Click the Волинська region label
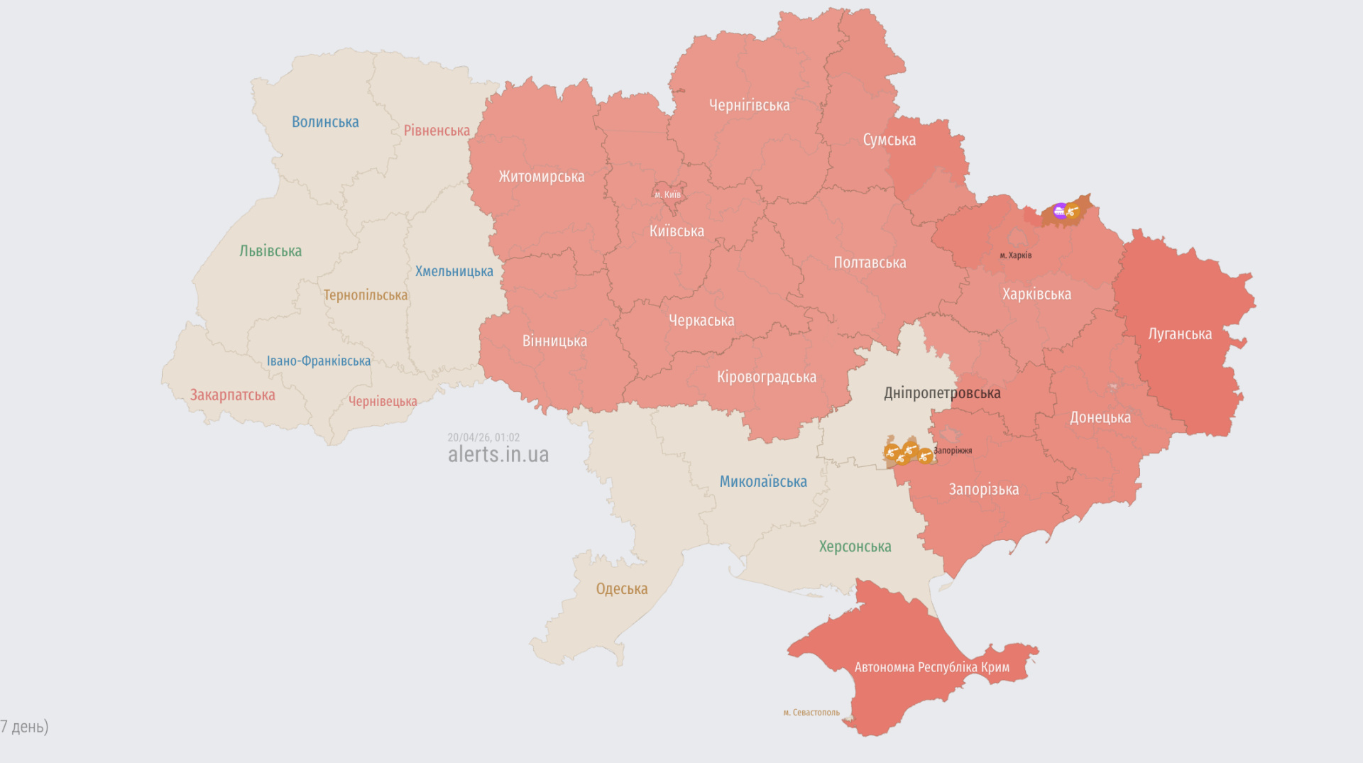pyautogui.click(x=325, y=122)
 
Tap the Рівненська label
pyautogui.click(x=437, y=131)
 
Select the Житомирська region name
pyautogui.click(x=541, y=177)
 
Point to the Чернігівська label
pyautogui.click(x=749, y=106)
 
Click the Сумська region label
pyautogui.click(x=889, y=141)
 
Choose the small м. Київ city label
pyautogui.click(x=667, y=195)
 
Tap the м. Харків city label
pyautogui.click(x=1015, y=256)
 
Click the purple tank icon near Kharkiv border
pyautogui.click(x=1059, y=211)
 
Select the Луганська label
pyautogui.click(x=1180, y=334)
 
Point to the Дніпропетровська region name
pyautogui.click(x=942, y=393)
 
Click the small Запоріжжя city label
pyautogui.click(x=953, y=451)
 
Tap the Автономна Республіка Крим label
pyautogui.click(x=931, y=668)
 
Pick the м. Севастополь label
pyautogui.click(x=811, y=713)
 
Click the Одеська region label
pyautogui.click(x=621, y=589)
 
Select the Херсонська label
pyautogui.click(x=855, y=547)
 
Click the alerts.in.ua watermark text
pyautogui.click(x=498, y=455)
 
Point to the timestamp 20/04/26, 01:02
pyautogui.click(x=483, y=437)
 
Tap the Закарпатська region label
pyautogui.click(x=232, y=395)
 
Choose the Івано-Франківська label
pyautogui.click(x=318, y=361)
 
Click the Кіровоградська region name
pyautogui.click(x=766, y=378)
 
